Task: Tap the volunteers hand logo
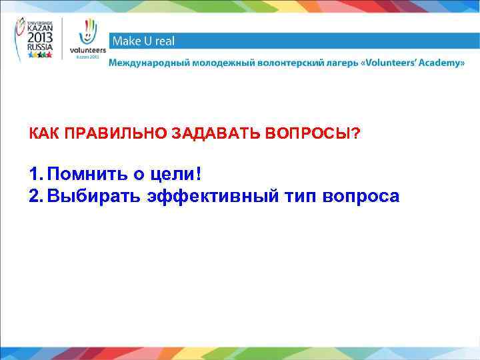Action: click(87, 39)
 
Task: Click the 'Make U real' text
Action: click(143, 41)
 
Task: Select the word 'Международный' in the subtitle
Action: click(147, 63)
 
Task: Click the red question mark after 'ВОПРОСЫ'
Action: click(355, 135)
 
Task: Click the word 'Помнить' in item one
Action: click(87, 175)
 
